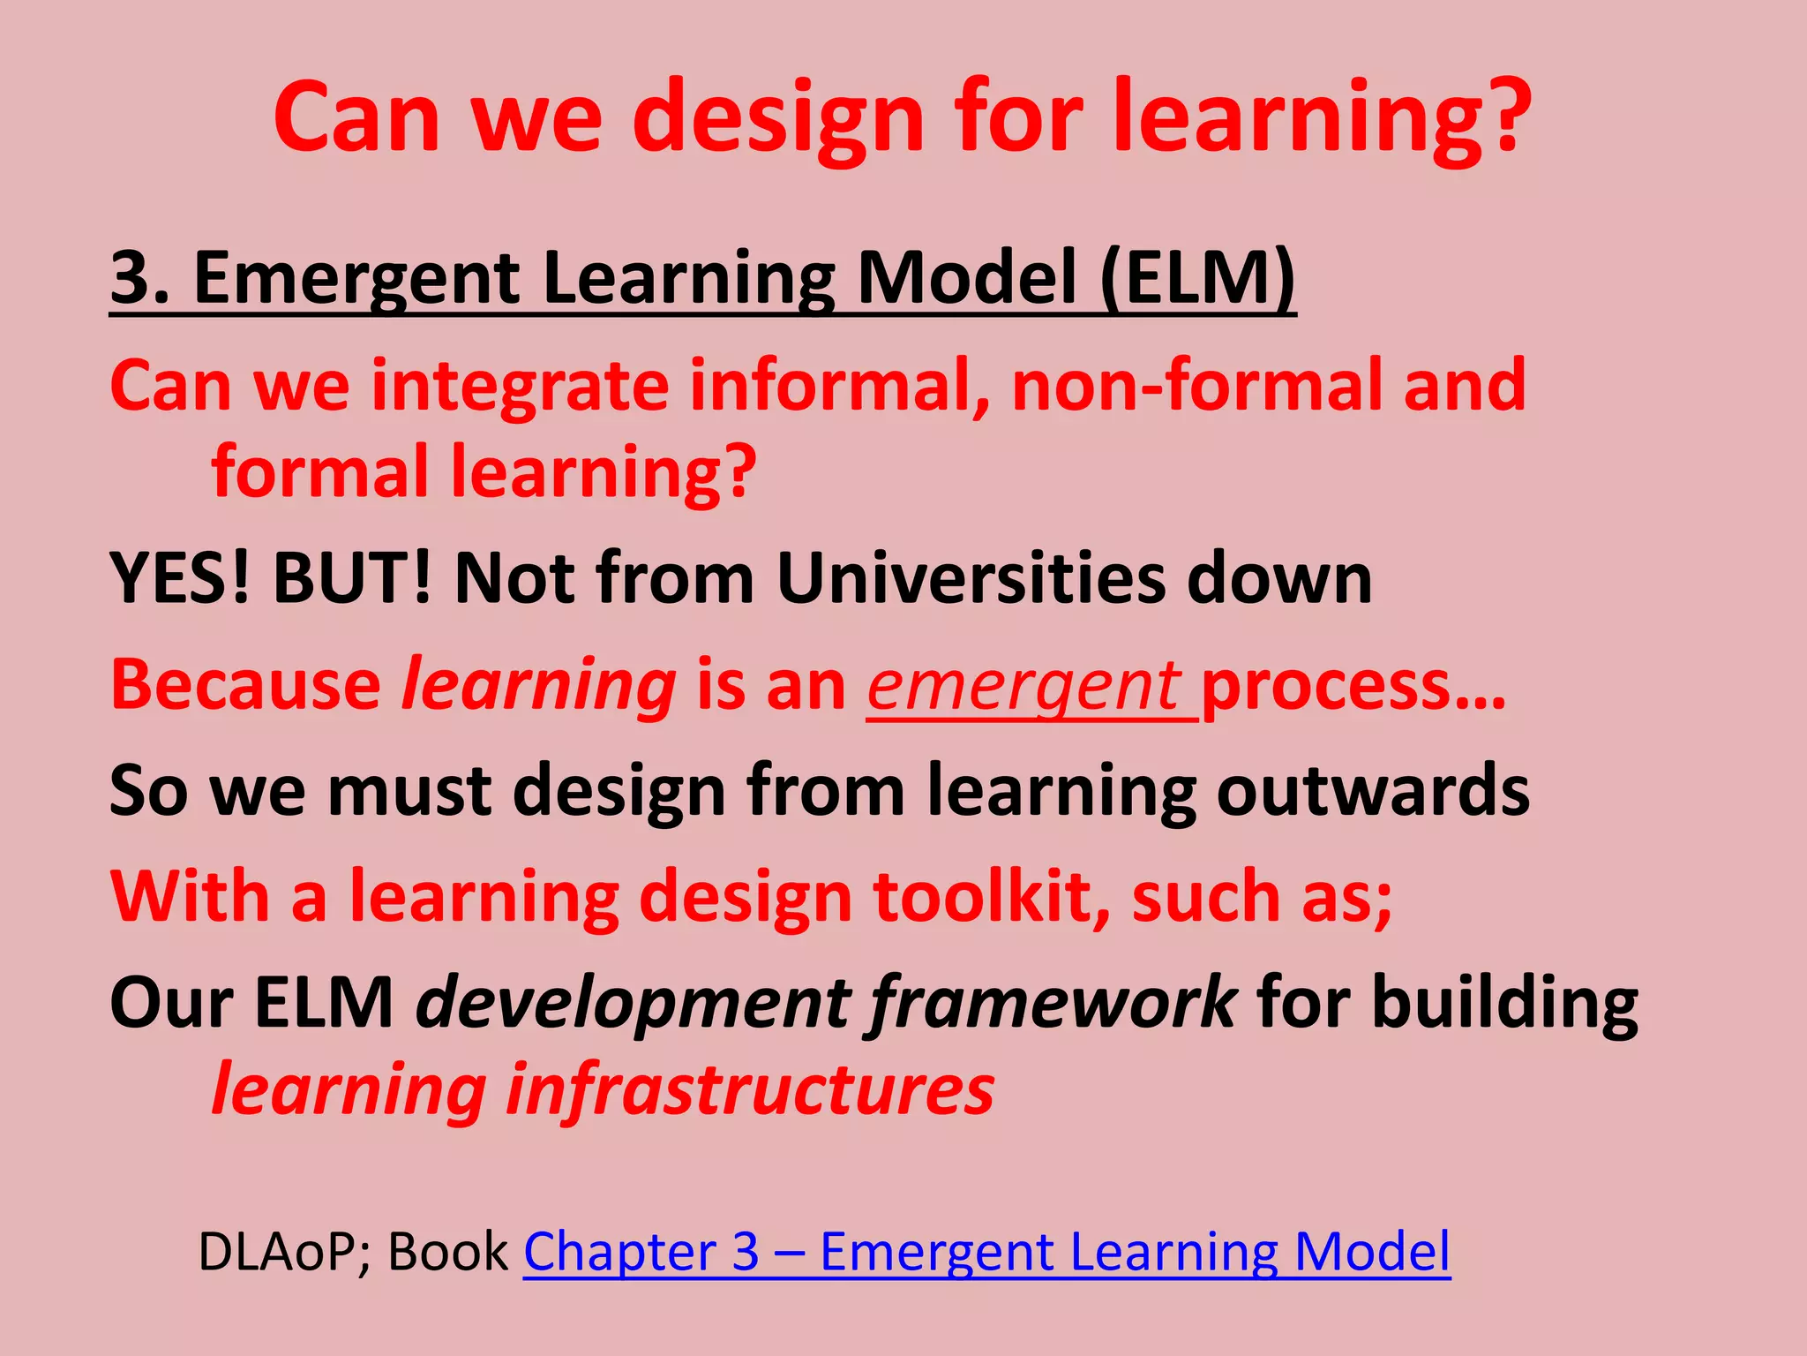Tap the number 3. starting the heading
click(139, 278)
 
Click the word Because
click(245, 685)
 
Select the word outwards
click(1373, 790)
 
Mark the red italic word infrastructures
click(750, 1089)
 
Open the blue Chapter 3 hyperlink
click(986, 1251)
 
